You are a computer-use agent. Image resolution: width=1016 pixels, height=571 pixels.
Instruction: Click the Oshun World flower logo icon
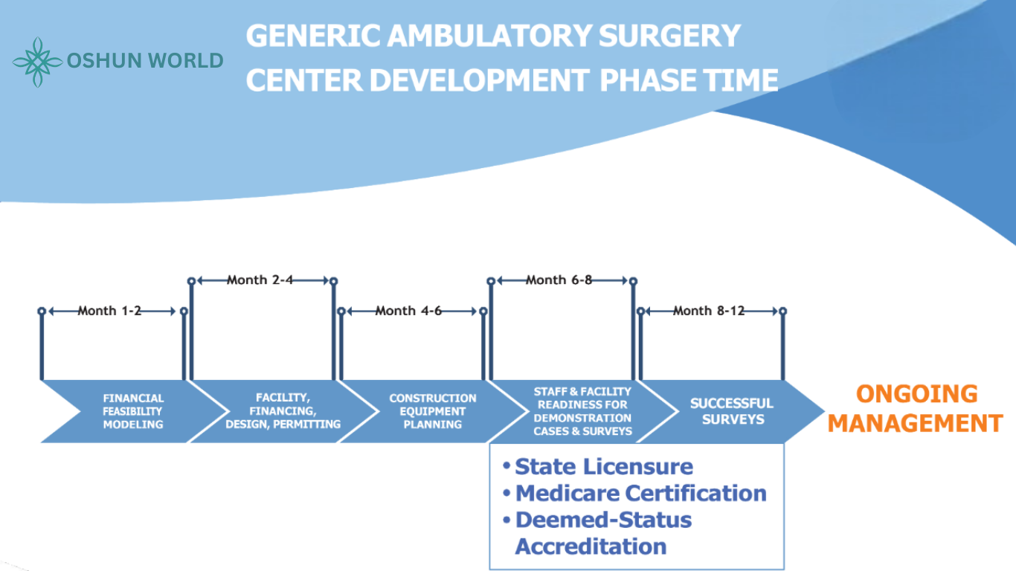38,62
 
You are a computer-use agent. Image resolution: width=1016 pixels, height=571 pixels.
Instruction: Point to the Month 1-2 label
109,311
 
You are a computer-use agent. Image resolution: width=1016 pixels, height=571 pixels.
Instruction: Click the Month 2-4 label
260,280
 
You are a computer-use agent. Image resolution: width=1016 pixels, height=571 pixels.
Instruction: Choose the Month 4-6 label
408,311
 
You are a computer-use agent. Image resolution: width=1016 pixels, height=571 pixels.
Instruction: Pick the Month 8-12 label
708,311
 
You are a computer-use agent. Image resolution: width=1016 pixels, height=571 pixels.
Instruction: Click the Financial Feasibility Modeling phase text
133,411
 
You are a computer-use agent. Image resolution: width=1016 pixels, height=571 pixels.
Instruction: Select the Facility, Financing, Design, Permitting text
283,411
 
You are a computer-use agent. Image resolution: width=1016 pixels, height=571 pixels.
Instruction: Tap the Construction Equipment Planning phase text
432,411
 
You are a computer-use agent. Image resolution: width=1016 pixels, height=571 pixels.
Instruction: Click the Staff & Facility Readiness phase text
582,411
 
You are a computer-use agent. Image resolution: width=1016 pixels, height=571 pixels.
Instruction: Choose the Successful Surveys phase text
731,411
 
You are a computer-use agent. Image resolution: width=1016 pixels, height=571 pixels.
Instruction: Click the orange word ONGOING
916,394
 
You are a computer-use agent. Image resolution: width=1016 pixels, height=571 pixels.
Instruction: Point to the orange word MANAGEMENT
916,424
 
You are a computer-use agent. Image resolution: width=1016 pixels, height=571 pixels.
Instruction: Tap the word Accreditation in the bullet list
591,546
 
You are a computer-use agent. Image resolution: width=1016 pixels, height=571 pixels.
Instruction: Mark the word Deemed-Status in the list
603,520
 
